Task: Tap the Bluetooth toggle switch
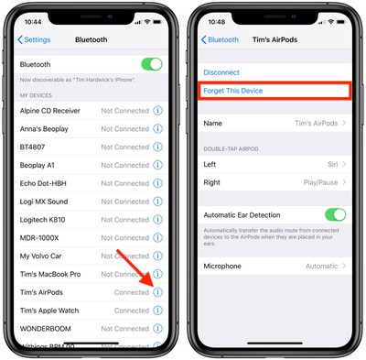coord(151,64)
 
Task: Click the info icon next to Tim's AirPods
coord(157,292)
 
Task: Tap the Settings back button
coord(34,39)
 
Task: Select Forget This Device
coord(233,90)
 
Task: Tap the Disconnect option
coord(221,71)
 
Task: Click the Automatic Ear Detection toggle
coord(335,214)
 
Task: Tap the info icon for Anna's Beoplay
coord(157,129)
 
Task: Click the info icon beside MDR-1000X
coord(157,238)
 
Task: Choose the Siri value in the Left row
coord(331,163)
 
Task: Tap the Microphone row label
coord(222,266)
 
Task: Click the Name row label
coord(212,123)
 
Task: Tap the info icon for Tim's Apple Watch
coord(157,311)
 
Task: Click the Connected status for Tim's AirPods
coord(132,292)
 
